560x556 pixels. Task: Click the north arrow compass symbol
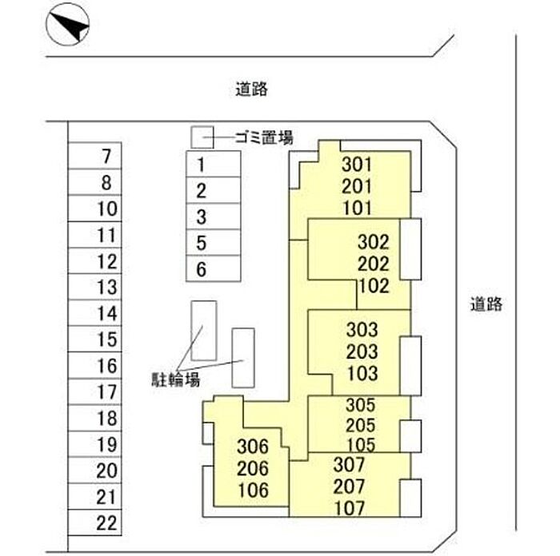(x=67, y=24)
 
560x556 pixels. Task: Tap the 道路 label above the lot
(x=251, y=89)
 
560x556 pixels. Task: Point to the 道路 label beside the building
(x=486, y=304)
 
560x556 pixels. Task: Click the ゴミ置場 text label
(x=264, y=137)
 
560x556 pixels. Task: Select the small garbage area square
(x=202, y=137)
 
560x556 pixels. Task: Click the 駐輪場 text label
(x=175, y=379)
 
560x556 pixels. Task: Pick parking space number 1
(x=214, y=164)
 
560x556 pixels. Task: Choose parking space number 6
(x=214, y=268)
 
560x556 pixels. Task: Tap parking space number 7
(x=94, y=156)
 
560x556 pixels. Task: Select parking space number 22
(x=94, y=522)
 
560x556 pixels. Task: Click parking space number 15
(x=94, y=339)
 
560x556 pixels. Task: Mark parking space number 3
(x=214, y=216)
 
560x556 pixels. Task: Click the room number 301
(x=357, y=165)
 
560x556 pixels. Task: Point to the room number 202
(x=374, y=264)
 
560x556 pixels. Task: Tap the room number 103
(x=362, y=373)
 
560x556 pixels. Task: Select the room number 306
(x=253, y=447)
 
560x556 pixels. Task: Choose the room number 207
(x=349, y=486)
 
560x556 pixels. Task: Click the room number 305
(x=360, y=405)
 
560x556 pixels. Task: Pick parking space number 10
(x=94, y=208)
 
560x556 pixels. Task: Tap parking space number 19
(x=94, y=444)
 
